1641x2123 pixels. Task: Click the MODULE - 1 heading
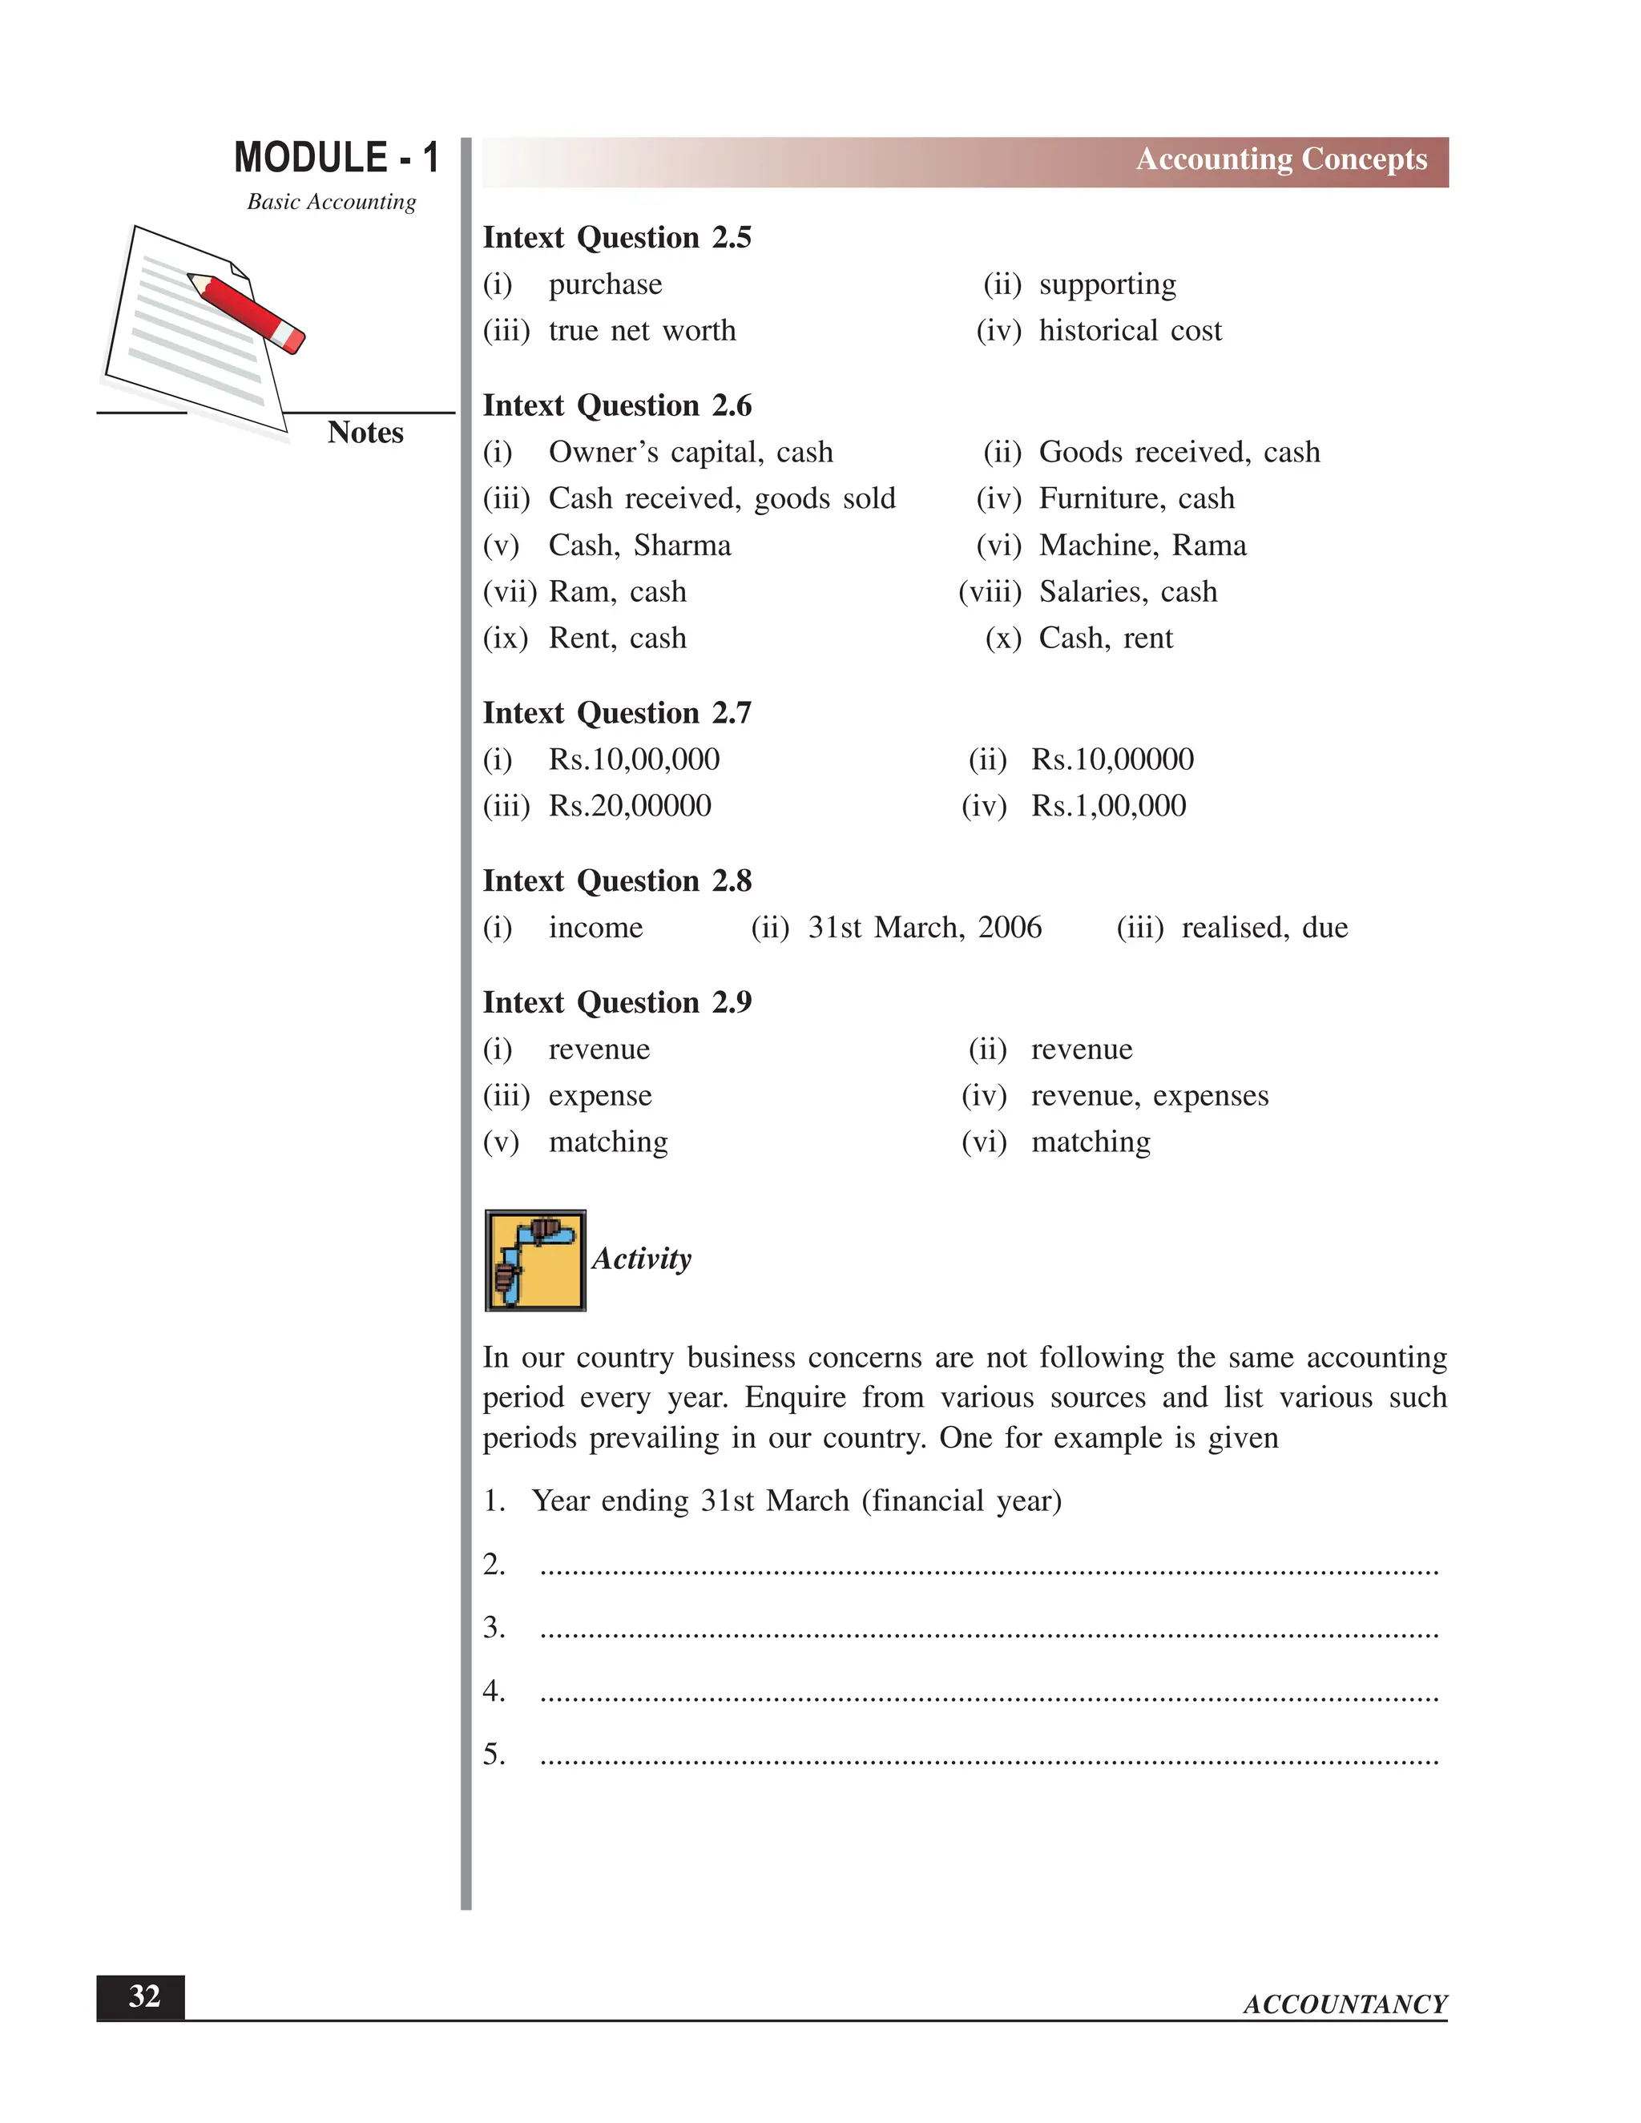(337, 158)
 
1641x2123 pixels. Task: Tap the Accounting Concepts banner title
(1280, 159)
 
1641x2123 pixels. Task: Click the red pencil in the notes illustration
(247, 312)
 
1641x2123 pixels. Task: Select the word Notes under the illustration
(365, 433)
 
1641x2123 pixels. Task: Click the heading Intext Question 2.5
(616, 238)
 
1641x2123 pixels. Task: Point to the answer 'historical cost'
(1130, 332)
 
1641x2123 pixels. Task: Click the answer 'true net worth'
(642, 332)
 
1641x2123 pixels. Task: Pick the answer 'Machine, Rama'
(1143, 546)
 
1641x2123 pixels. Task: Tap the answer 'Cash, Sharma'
(639, 546)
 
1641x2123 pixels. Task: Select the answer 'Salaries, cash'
(1127, 592)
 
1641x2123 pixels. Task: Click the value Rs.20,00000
(630, 806)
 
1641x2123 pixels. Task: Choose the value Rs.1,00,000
(1108, 806)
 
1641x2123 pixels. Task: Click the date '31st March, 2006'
(925, 928)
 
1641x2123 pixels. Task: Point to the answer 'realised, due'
(1264, 928)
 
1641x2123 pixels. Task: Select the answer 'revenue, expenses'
(1149, 1095)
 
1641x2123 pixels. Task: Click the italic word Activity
(642, 1259)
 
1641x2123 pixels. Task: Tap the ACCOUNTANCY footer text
(1345, 2004)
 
